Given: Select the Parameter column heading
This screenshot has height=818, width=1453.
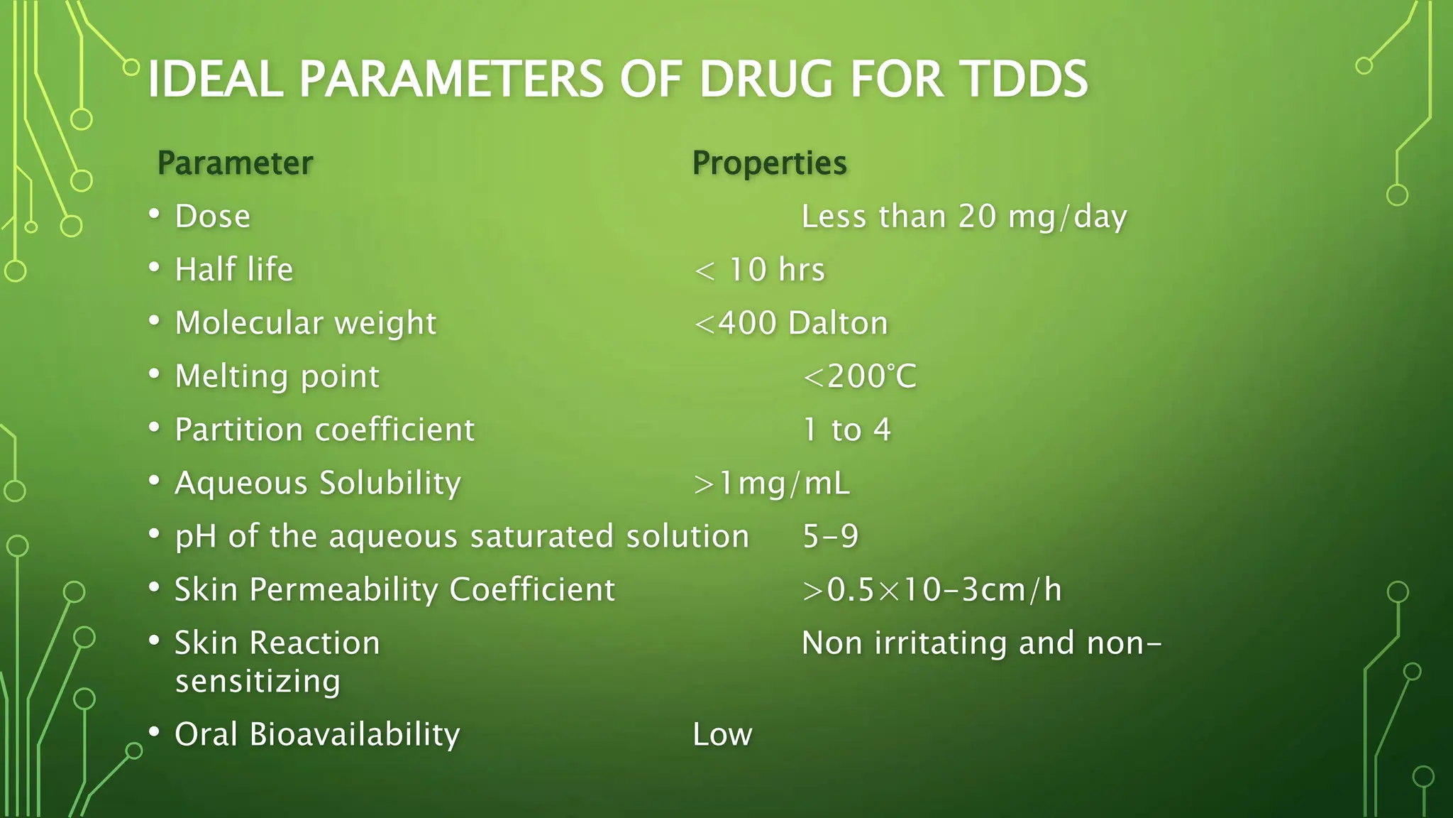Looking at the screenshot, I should (x=235, y=163).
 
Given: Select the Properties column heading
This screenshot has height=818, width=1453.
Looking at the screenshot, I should (x=769, y=163).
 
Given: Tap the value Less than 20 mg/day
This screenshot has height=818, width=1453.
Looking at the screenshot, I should (x=963, y=217).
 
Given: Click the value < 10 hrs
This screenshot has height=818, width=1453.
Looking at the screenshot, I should (x=759, y=270).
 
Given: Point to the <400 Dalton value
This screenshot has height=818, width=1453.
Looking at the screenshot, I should (x=790, y=323).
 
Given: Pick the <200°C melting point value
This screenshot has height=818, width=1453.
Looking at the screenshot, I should (x=859, y=376).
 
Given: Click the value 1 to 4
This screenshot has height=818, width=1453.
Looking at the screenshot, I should (x=846, y=430).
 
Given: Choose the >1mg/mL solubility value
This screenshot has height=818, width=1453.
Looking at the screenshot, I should (x=771, y=484).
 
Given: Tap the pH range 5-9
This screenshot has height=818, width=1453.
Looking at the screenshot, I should (x=830, y=536).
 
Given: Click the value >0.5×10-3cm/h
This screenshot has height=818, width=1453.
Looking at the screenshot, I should (x=932, y=590).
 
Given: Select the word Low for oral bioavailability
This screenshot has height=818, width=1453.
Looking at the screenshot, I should (x=722, y=734).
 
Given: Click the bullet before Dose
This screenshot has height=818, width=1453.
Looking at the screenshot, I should (x=154, y=214).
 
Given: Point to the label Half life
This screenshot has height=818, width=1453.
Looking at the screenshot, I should (x=233, y=270).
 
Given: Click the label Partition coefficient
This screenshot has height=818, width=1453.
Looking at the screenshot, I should (x=324, y=430).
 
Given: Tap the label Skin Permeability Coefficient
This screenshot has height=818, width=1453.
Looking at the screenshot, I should (x=394, y=590).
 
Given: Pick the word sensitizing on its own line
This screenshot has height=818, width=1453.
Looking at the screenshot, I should (x=258, y=681).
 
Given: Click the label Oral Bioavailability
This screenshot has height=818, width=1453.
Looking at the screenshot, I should (x=317, y=734).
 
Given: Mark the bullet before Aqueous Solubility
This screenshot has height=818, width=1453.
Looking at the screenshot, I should (x=154, y=480).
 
